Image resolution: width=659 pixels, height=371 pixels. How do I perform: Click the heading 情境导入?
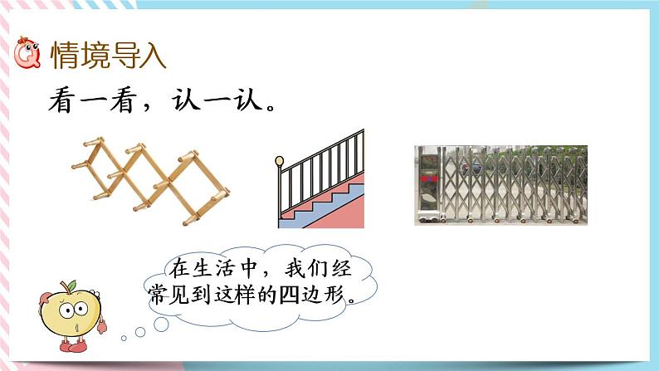click(x=109, y=56)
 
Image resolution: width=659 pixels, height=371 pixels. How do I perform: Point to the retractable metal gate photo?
click(x=500, y=184)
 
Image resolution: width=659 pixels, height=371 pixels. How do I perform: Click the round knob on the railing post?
click(x=280, y=161)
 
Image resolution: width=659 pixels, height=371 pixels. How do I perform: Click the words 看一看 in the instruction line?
click(x=86, y=105)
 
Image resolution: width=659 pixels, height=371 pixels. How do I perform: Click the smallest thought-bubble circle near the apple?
click(x=123, y=337)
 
